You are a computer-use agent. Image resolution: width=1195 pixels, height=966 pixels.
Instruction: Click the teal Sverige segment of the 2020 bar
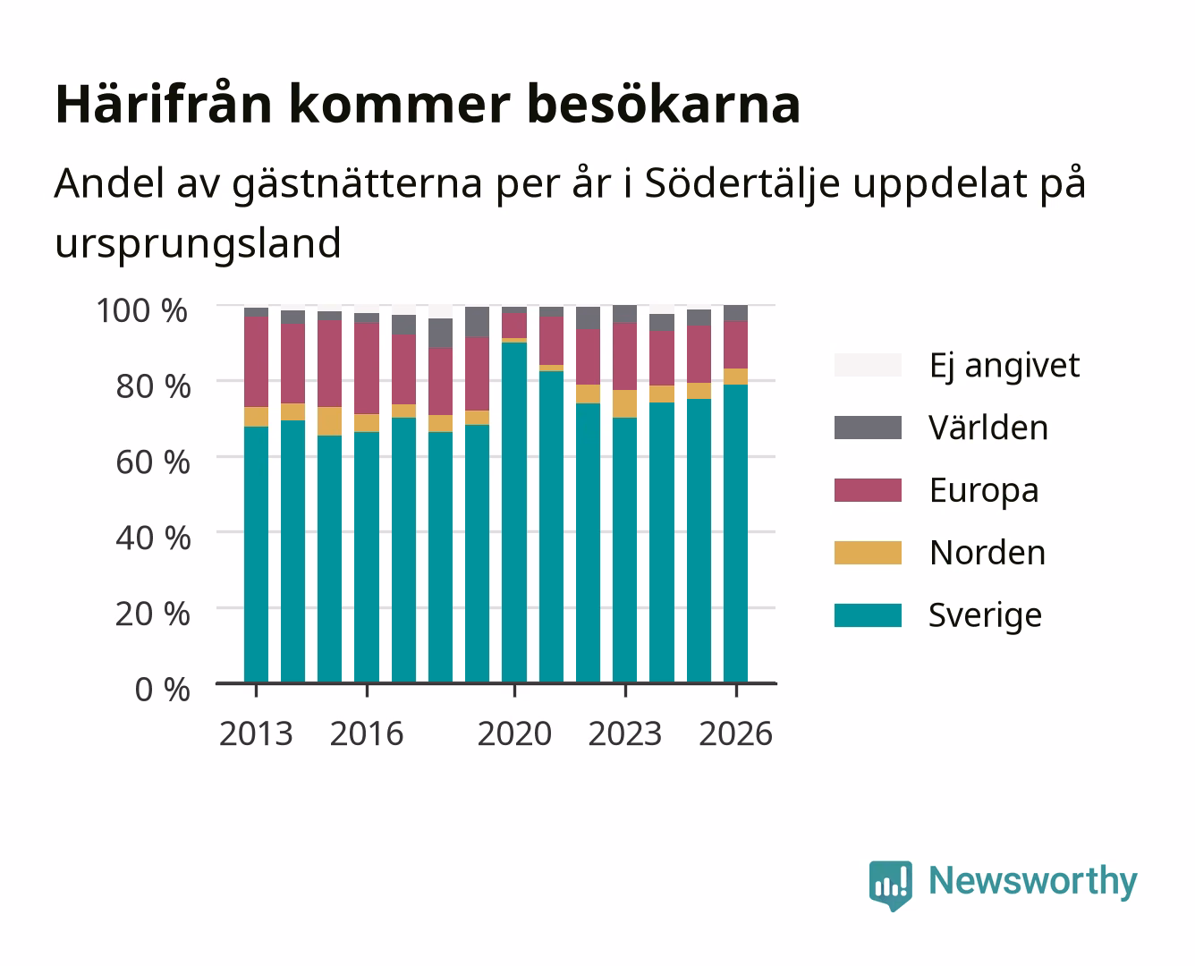(x=514, y=513)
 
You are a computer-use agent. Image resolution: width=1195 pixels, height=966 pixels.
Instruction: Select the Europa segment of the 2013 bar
(x=256, y=362)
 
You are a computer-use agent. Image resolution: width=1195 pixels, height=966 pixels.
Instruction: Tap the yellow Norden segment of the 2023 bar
(x=624, y=404)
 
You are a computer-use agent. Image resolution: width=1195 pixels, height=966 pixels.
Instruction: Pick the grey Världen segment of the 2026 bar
(x=735, y=313)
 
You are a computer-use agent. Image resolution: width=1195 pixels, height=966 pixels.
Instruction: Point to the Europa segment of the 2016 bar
(x=367, y=369)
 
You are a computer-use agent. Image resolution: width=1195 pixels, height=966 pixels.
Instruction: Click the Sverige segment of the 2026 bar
(x=735, y=534)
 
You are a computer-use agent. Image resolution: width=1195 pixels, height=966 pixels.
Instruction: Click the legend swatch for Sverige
(x=868, y=615)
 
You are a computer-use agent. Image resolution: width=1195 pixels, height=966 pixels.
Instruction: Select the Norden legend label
(x=987, y=553)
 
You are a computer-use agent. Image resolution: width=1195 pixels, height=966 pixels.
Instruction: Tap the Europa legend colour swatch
(x=868, y=490)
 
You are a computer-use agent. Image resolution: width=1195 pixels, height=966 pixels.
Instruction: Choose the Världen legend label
(x=988, y=428)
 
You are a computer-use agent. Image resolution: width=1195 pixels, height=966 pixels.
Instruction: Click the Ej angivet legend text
(x=1004, y=366)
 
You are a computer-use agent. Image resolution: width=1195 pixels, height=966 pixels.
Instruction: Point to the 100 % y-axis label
(x=142, y=310)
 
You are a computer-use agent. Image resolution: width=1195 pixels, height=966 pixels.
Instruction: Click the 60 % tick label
(x=153, y=462)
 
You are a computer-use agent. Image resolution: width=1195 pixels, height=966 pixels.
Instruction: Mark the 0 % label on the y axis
(x=162, y=690)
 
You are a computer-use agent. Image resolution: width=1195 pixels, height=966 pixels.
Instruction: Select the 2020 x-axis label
(x=514, y=733)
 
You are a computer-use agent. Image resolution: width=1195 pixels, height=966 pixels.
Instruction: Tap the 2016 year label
(x=367, y=733)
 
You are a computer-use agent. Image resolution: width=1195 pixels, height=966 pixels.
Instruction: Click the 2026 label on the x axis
(x=735, y=733)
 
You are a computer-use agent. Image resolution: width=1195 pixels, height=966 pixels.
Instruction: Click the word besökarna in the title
(x=664, y=104)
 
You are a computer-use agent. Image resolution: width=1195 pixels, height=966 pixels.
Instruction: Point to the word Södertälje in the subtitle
(x=742, y=183)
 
